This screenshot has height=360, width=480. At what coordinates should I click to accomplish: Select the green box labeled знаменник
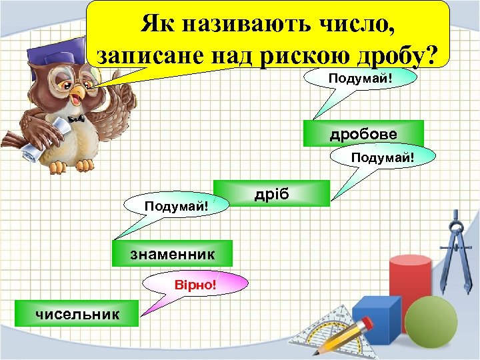[173, 253]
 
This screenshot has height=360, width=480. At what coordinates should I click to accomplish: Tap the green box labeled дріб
[271, 194]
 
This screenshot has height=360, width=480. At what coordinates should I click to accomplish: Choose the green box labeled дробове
[363, 134]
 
